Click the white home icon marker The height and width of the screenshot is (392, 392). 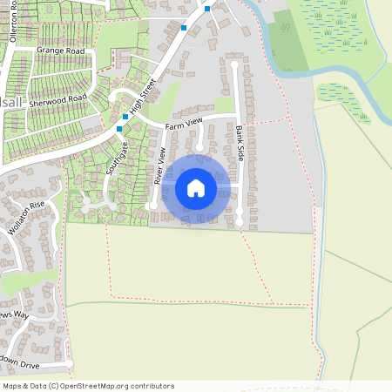click(196, 187)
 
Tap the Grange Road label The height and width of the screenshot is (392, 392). click(61, 51)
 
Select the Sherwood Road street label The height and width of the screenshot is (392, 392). click(58, 103)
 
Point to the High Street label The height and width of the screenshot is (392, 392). click(141, 98)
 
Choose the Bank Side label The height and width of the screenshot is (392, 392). click(240, 139)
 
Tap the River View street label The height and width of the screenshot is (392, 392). click(159, 166)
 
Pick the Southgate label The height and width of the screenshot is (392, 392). click(117, 157)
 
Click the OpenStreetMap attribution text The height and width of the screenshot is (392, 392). click(88, 386)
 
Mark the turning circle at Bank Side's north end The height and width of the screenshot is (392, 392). click(234, 64)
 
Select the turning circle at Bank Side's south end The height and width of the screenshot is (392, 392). click(240, 224)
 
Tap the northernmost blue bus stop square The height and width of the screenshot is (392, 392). click(207, 9)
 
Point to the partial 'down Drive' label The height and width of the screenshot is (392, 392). click(19, 360)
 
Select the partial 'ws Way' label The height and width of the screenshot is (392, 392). click(14, 314)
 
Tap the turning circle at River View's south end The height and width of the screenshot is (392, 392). click(152, 206)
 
